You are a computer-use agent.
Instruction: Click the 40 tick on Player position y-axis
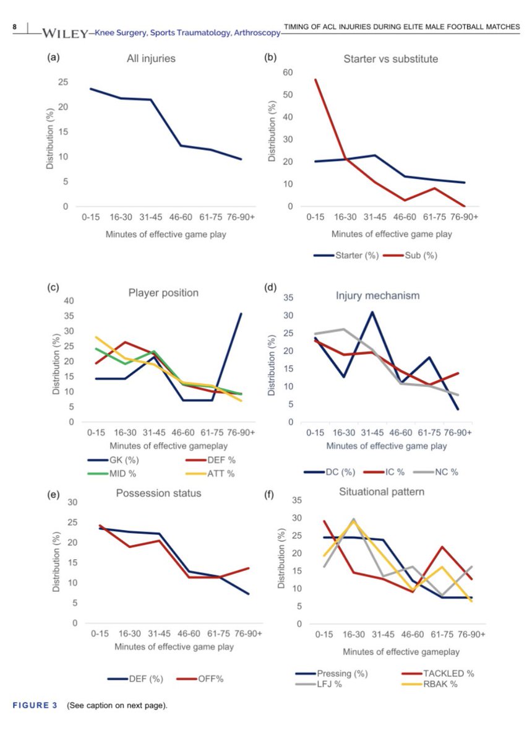(69, 301)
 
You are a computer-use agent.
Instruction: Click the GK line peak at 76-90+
(241, 314)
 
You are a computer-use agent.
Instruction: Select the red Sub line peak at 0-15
(315, 79)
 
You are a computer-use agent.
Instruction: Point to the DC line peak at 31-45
(372, 311)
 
